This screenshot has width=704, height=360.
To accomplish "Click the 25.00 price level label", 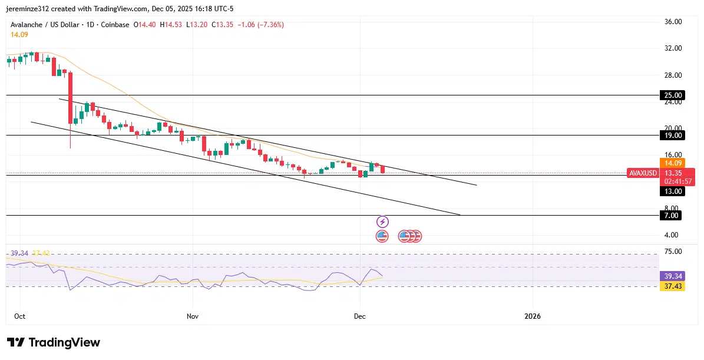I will click(672, 95).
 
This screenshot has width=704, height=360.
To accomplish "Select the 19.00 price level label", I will click(672, 136).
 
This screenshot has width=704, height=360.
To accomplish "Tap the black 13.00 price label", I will click(672, 191).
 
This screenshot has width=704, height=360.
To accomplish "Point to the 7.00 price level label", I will click(672, 216).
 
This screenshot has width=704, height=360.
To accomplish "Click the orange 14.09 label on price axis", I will click(672, 163).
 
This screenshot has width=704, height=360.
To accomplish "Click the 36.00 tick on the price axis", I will click(672, 22).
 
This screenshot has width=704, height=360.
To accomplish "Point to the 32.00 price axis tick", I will click(672, 48).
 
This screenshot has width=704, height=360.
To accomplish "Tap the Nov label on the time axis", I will click(192, 316).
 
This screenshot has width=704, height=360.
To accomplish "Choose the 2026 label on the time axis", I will click(532, 316).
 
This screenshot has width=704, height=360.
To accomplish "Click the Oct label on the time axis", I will click(19, 316).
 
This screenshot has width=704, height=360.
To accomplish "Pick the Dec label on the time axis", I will click(359, 316).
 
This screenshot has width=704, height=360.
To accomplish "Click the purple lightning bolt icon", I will click(382, 222).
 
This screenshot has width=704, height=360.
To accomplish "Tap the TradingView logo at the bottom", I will click(54, 342).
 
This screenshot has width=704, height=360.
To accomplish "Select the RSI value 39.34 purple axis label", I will click(672, 276).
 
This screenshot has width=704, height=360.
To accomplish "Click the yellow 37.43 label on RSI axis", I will click(672, 286).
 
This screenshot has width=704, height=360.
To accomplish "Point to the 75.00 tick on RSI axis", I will click(672, 252).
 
